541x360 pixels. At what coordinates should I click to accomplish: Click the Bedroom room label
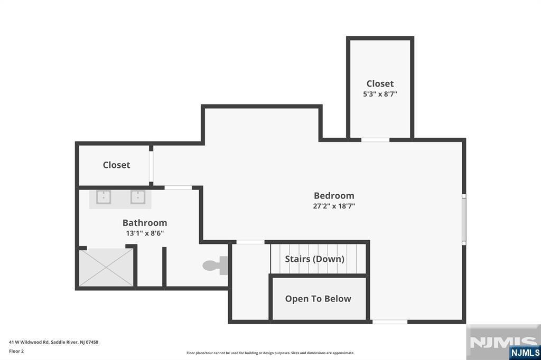pos(334,195)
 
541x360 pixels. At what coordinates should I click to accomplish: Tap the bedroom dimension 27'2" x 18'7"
pos(334,206)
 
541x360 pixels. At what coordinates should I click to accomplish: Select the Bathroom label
pos(145,223)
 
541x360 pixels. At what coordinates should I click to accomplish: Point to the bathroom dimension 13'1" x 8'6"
pos(145,233)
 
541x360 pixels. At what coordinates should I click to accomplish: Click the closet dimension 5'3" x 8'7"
pos(380,94)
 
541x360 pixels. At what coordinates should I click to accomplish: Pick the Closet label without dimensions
pos(116,165)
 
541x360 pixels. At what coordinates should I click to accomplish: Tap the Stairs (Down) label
pos(315,259)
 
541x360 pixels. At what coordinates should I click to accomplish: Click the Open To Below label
pos(318,299)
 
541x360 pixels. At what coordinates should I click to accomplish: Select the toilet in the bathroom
pos(216,266)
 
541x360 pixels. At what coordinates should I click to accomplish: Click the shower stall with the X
pos(106,268)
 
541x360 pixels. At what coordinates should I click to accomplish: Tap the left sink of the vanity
pos(104,197)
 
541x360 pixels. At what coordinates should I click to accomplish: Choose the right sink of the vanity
pos(138,197)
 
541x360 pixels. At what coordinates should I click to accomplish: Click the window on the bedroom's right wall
pos(464,219)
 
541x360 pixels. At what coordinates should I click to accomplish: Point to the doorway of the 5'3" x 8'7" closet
pos(376,140)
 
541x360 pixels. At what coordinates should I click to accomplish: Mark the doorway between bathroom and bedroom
pos(178,187)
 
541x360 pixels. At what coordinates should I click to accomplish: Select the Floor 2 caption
pos(16,351)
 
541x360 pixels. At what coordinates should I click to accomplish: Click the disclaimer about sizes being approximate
pos(270,353)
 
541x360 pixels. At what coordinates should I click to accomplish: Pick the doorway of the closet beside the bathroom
pos(151,166)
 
